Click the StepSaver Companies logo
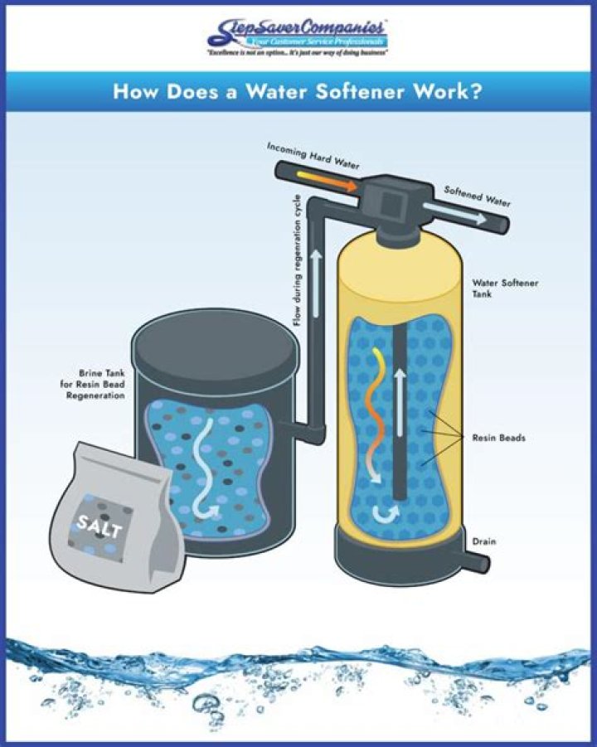coord(298,35)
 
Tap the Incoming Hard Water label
coord(313,155)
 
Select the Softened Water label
coord(478,196)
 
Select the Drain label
coord(484,541)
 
